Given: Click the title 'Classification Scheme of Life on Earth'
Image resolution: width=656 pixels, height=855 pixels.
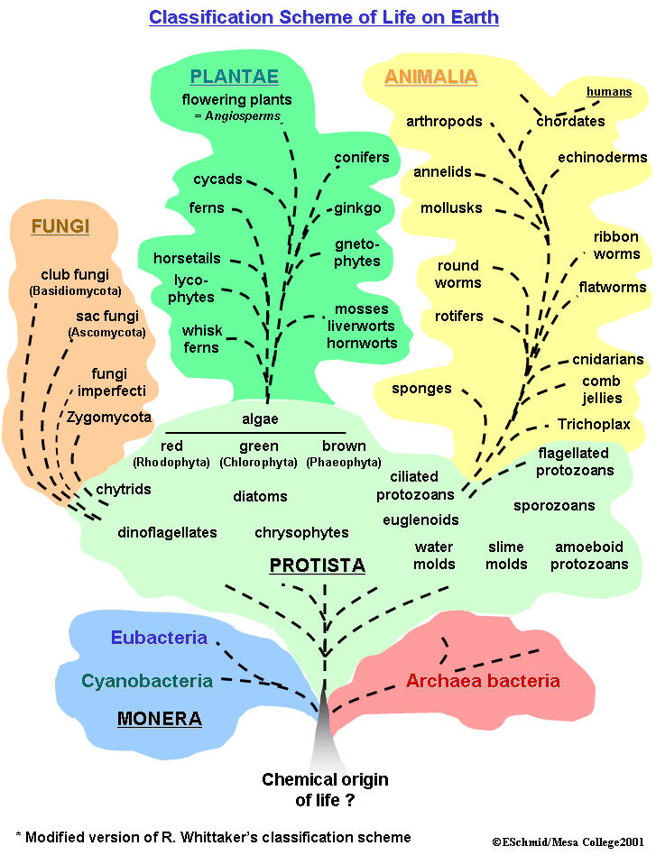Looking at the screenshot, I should [323, 17].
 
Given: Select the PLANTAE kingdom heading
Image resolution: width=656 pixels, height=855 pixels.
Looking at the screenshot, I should [234, 77].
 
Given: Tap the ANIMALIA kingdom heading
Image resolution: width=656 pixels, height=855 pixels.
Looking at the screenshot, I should [430, 77].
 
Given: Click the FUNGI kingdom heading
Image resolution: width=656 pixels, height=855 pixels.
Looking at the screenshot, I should [60, 226].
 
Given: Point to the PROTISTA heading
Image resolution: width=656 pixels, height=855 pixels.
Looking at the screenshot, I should [317, 565].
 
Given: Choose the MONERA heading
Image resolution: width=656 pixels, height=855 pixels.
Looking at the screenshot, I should [159, 719].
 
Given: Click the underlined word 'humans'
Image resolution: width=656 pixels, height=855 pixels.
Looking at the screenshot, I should [609, 92].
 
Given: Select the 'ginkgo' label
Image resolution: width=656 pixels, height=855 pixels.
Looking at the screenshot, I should [358, 208].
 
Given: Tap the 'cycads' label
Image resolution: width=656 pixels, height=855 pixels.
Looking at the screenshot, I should [217, 179].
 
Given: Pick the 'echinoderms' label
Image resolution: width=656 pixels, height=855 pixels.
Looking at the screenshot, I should [602, 158].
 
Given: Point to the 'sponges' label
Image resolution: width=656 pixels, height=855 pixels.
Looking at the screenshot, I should [421, 389].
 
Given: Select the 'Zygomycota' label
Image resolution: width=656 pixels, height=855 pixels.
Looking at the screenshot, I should [109, 418].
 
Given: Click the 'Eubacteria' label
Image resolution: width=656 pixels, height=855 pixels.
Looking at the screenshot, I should [159, 639].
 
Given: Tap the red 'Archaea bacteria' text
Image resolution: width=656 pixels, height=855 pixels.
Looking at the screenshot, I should [483, 681].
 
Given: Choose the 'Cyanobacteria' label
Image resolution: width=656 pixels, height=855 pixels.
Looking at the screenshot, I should [147, 681].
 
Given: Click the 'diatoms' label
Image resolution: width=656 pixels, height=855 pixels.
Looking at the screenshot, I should [260, 496].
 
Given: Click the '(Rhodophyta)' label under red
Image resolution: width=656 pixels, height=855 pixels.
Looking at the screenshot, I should [171, 463].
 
